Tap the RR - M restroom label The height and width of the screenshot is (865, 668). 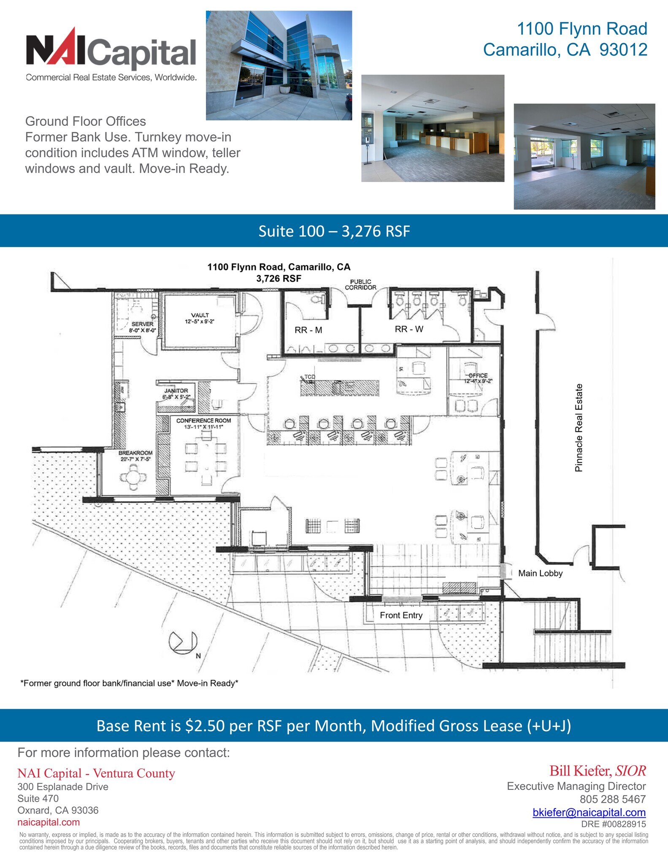(x=308, y=330)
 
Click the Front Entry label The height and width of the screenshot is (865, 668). (x=401, y=615)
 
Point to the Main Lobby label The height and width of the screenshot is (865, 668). (x=540, y=573)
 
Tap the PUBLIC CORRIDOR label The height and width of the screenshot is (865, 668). (x=360, y=285)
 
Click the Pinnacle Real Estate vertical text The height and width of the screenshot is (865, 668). (x=579, y=427)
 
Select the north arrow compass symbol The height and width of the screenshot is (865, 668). (x=183, y=642)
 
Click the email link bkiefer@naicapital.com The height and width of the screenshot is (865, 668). (x=589, y=812)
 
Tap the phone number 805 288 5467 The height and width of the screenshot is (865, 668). (x=612, y=799)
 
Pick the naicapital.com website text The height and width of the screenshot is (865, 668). (x=49, y=822)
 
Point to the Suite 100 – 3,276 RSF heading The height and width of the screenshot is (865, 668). (x=334, y=231)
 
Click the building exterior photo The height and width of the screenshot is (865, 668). (x=279, y=65)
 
